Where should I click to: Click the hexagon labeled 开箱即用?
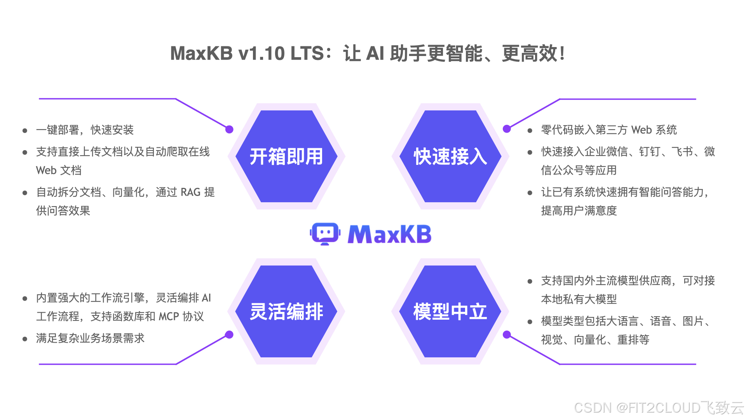point(286,156)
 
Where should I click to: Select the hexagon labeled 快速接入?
point(450,156)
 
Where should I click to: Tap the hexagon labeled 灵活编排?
point(286,311)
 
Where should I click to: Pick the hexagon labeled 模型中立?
point(450,311)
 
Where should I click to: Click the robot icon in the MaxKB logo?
point(325,234)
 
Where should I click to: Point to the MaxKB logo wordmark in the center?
point(389,234)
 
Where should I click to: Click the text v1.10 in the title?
point(261,54)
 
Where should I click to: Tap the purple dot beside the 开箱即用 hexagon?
point(229,129)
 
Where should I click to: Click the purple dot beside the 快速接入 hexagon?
point(507,129)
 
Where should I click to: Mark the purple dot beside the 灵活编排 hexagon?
point(229,335)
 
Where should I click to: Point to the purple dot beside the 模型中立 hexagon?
point(507,335)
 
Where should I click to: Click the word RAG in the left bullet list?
point(190,192)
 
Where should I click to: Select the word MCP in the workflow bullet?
point(169,317)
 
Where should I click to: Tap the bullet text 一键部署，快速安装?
point(85,130)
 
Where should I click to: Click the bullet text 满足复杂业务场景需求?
point(90,338)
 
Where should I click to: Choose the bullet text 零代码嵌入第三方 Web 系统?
point(609,130)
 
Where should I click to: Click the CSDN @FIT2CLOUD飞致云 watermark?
point(659,408)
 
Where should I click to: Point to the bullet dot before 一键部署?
point(25,131)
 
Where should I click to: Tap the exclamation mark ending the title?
point(562,54)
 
